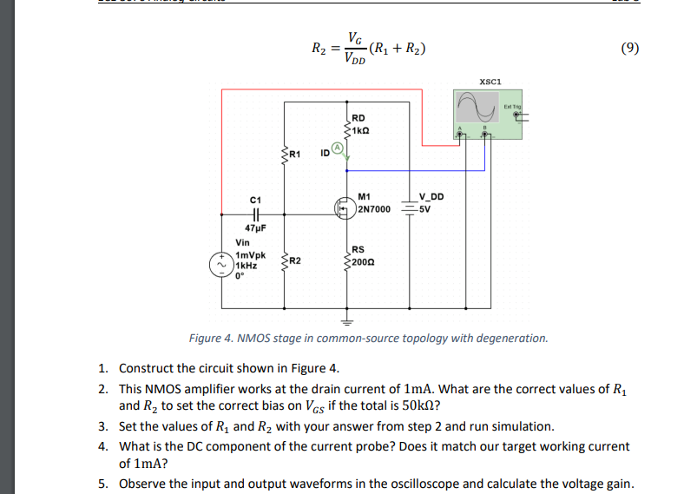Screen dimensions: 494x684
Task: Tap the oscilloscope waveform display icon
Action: tap(477, 108)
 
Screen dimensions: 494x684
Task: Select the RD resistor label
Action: tap(358, 117)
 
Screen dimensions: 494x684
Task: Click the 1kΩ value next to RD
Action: tap(362, 128)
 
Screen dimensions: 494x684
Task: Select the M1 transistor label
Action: tap(364, 197)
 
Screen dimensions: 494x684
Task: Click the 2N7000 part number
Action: tap(374, 209)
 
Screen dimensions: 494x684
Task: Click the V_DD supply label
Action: tap(431, 197)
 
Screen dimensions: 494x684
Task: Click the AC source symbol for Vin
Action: tap(221, 263)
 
